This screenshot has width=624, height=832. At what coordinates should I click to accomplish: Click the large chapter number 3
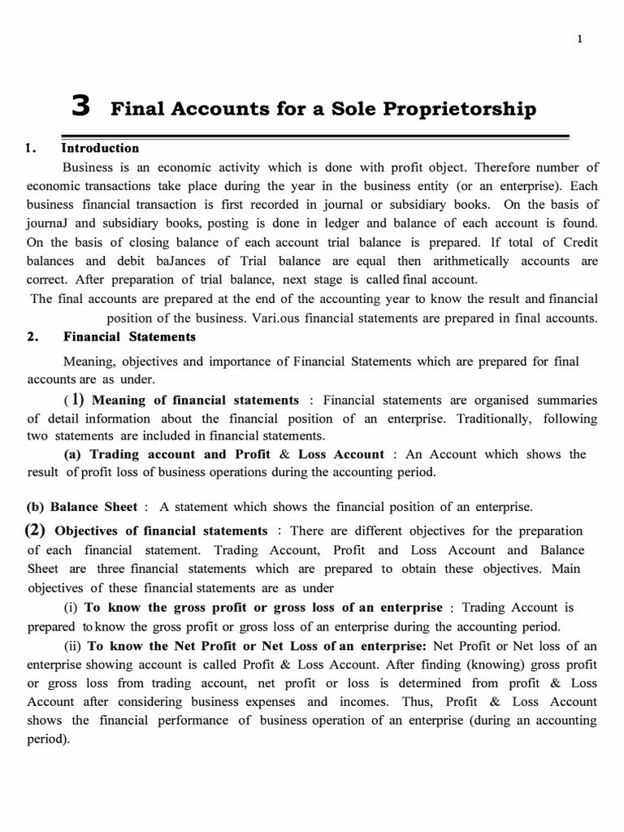(81, 106)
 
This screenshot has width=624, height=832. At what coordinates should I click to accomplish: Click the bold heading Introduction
(100, 148)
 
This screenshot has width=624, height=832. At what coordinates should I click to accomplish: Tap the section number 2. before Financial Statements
(33, 336)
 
